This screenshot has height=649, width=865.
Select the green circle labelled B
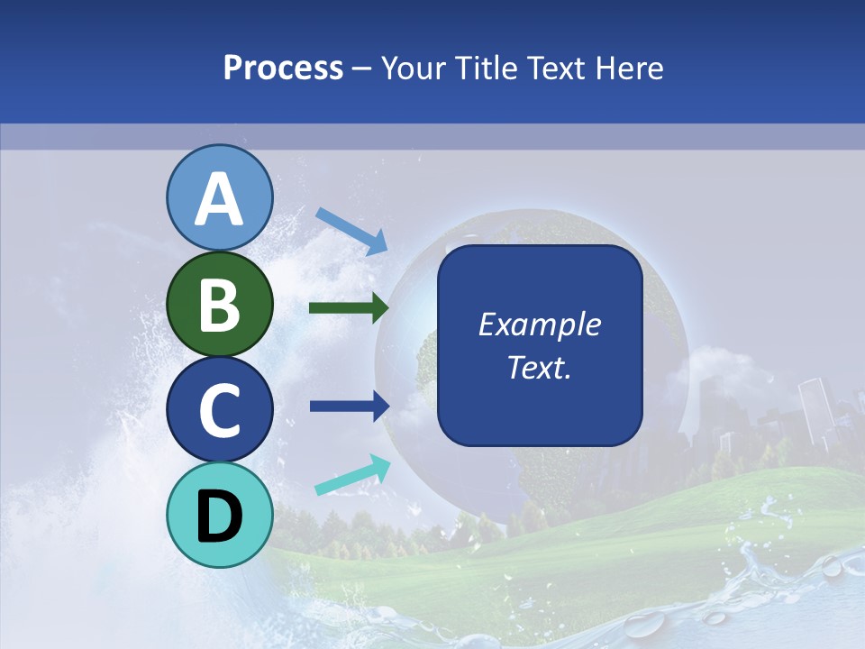point(219,304)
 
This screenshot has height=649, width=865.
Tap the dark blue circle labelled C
point(219,410)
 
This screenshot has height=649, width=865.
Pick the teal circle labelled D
point(219,516)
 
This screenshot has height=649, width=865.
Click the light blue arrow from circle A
point(351,231)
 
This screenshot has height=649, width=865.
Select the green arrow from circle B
point(349,308)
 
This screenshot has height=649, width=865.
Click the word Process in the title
point(283,69)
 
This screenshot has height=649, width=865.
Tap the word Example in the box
point(539,324)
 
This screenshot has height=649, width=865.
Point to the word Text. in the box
point(539,367)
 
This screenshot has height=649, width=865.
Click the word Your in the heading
point(414,69)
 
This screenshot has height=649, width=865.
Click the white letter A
point(219,199)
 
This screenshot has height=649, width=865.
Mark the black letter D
point(219,516)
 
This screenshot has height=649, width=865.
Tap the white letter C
point(219,410)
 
